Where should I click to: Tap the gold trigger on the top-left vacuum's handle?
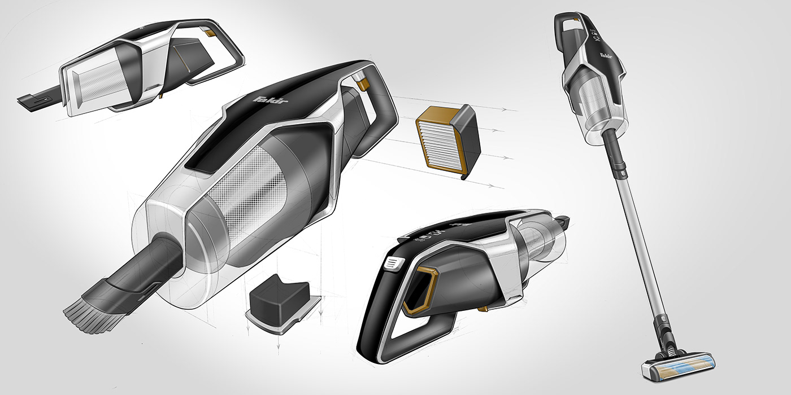pos(212,34)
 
